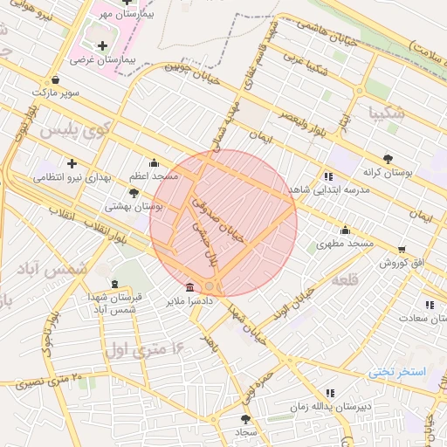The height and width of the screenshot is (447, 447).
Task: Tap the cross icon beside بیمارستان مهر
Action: [x=127, y=3]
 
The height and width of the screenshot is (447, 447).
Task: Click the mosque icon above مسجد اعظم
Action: [x=155, y=162]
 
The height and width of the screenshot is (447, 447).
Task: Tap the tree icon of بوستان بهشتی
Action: [x=134, y=192]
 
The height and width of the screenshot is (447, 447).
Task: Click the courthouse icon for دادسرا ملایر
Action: [x=190, y=287]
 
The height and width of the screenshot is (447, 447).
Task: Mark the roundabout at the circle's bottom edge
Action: [x=210, y=286]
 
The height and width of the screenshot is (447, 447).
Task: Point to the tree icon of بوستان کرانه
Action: [x=388, y=159]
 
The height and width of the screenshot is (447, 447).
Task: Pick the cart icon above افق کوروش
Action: [x=402, y=249]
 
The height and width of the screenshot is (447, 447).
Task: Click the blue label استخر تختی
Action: [x=397, y=371]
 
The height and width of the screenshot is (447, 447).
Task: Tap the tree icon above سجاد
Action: [x=245, y=419]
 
